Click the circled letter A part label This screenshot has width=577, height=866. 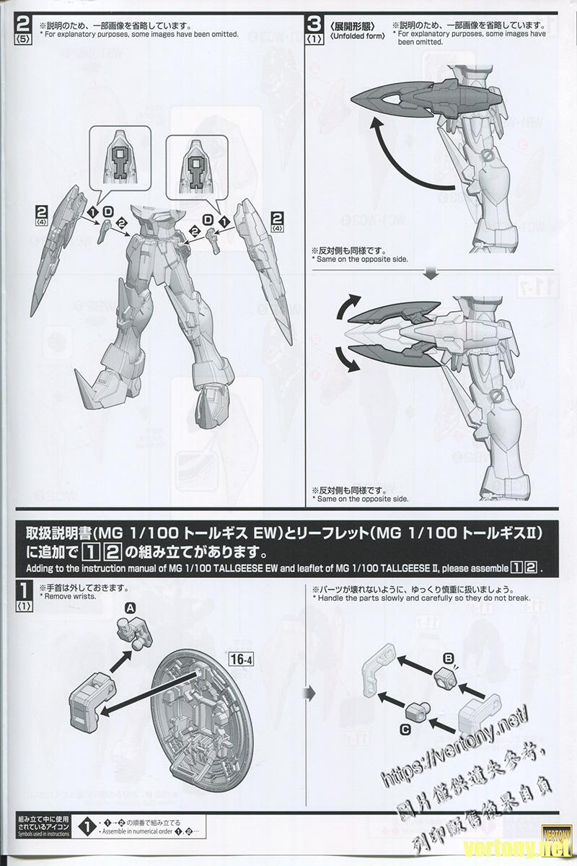click(131, 608)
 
